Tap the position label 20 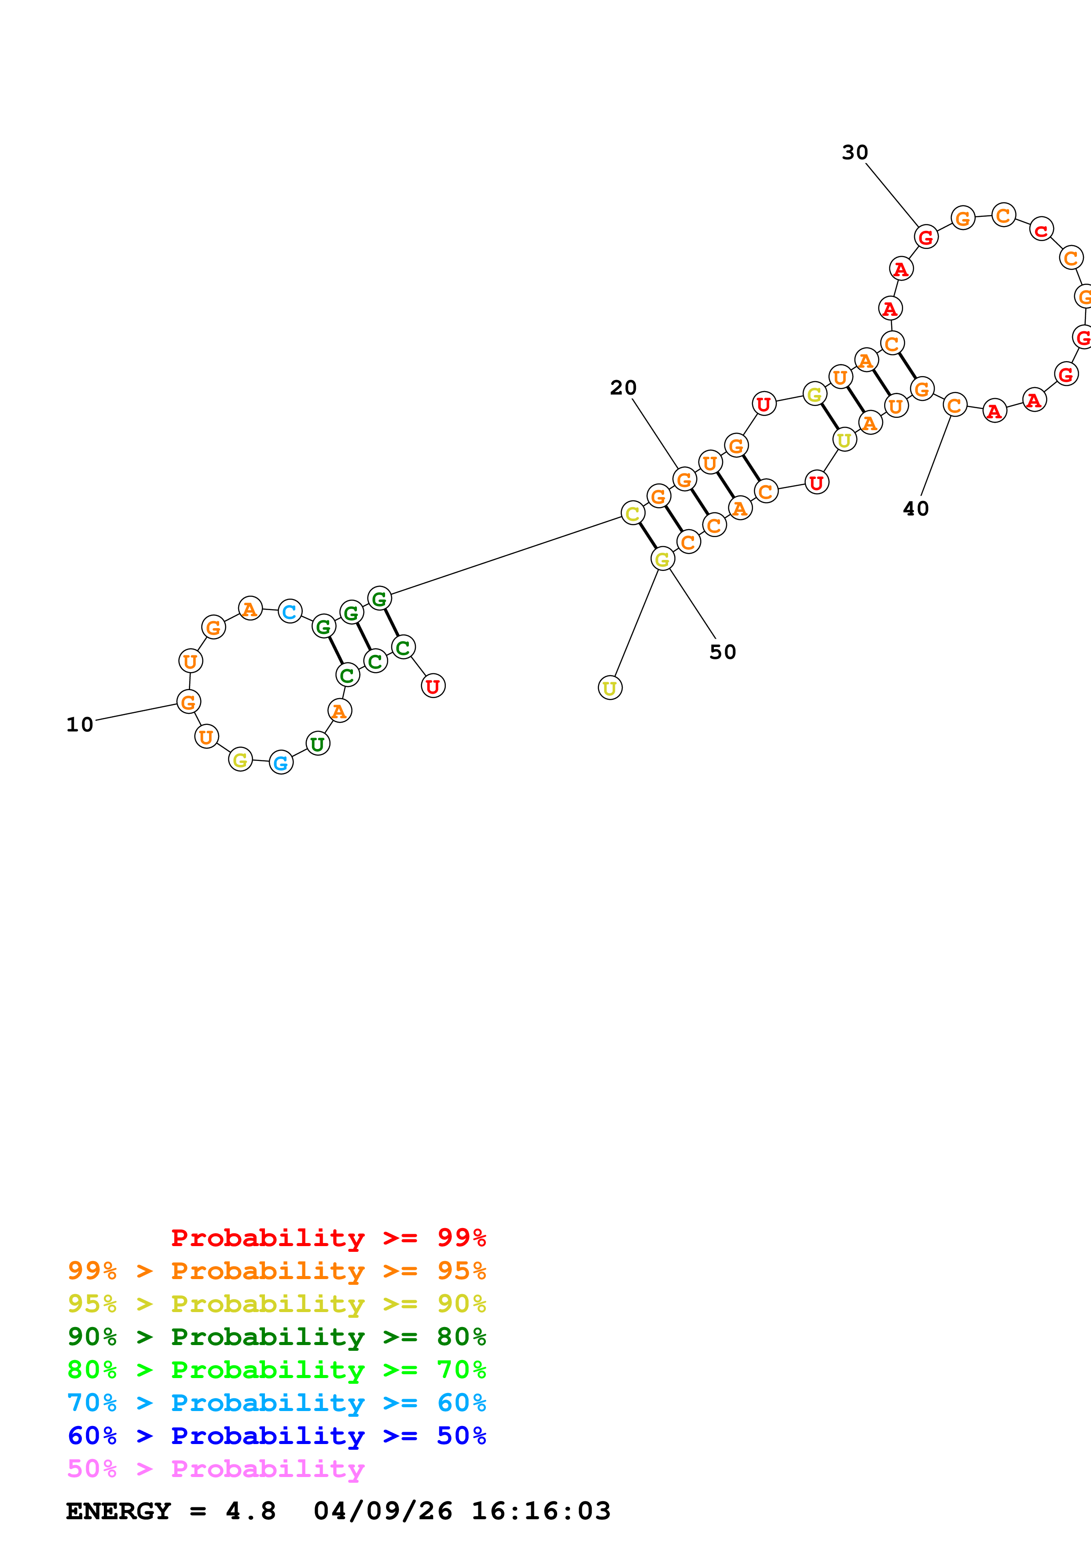tap(623, 388)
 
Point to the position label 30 tap(855, 153)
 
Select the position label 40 tap(915, 509)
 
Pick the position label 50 tap(723, 652)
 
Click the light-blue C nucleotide tap(290, 611)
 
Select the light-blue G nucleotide tap(281, 763)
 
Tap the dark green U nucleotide tap(318, 744)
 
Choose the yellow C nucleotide tap(632, 514)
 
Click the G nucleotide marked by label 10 tap(189, 702)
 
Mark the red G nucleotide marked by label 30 tap(926, 237)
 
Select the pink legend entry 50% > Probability tap(216, 1469)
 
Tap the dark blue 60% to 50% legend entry tap(276, 1436)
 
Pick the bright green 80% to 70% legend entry tap(276, 1370)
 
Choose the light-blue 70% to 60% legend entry tap(276, 1403)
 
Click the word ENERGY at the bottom tap(118, 1511)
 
